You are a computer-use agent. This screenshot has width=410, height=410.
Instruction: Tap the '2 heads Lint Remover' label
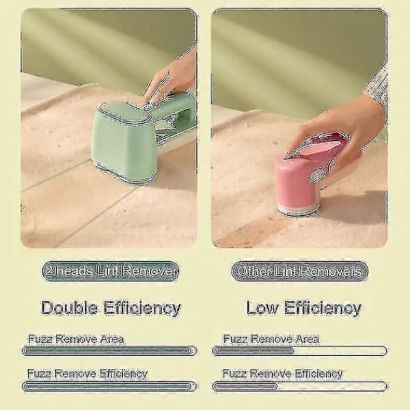tap(111, 271)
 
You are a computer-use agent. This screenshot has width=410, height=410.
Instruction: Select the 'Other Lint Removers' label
tap(300, 271)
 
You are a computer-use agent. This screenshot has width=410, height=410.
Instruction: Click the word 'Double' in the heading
tap(69, 307)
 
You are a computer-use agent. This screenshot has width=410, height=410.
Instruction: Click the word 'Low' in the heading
tap(262, 307)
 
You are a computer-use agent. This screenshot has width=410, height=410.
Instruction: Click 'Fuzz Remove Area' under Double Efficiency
tap(76, 339)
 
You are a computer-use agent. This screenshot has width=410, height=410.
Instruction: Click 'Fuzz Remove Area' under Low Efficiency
tap(271, 339)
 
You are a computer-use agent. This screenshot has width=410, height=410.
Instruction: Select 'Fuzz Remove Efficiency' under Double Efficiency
tap(87, 374)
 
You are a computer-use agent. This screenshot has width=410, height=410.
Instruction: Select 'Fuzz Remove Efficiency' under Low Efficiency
tap(282, 374)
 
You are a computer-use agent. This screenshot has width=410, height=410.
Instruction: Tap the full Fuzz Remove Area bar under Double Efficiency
tap(109, 351)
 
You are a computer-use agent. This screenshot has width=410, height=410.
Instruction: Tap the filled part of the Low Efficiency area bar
tap(254, 351)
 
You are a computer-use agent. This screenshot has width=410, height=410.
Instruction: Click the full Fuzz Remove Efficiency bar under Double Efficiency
tap(109, 387)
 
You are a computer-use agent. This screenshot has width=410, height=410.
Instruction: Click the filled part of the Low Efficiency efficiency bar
tap(245, 387)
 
